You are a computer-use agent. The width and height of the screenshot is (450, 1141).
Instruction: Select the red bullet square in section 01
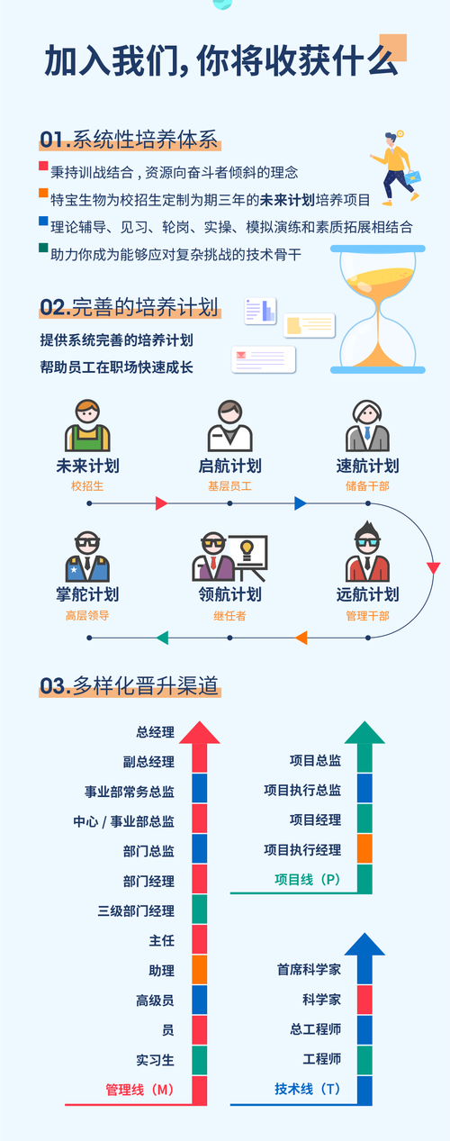point(43,167)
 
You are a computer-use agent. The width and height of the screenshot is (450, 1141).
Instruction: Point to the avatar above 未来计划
point(87,426)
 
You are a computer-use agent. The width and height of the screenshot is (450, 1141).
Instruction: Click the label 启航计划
point(229,466)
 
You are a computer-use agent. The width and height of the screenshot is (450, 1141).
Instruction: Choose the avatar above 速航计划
point(367,426)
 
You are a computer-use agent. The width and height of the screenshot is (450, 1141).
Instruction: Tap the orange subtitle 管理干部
point(367,616)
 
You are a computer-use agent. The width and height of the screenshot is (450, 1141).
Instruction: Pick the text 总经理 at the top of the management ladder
point(155,732)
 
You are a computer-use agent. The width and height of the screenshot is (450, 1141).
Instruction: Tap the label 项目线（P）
point(307,879)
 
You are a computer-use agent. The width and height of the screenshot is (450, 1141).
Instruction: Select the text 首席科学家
point(309,970)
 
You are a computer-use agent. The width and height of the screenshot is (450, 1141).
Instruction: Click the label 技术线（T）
point(308,1089)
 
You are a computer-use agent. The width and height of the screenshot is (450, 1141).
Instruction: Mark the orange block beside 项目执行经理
point(364,849)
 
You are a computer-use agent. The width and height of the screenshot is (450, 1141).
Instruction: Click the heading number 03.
point(54,686)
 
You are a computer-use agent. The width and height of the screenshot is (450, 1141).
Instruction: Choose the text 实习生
point(155,1059)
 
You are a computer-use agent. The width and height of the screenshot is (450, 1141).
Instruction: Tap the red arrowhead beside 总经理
point(199,731)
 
